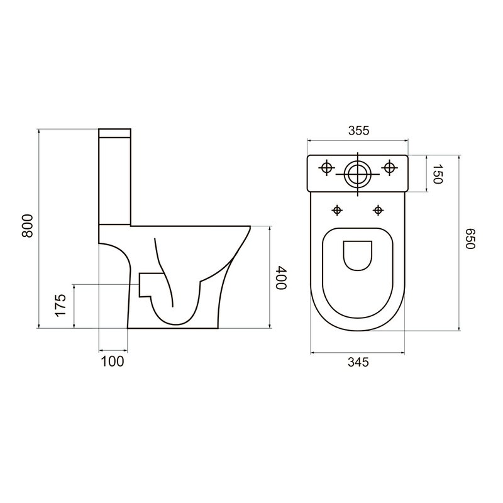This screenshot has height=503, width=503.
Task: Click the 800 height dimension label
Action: tap(28, 226)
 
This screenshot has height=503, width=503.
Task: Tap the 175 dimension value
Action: tap(60, 305)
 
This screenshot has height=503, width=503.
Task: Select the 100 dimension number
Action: tap(113, 362)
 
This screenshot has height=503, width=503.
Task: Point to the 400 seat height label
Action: tap(281, 277)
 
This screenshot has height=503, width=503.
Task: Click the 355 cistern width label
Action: tap(359, 131)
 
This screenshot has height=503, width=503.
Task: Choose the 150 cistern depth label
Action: tap(438, 174)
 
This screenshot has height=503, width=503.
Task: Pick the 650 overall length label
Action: tap(470, 239)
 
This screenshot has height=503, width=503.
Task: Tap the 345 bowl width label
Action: tap(358, 362)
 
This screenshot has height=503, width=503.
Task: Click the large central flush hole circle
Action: tap(358, 175)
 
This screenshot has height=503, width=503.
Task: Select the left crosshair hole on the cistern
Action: tap(326, 167)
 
